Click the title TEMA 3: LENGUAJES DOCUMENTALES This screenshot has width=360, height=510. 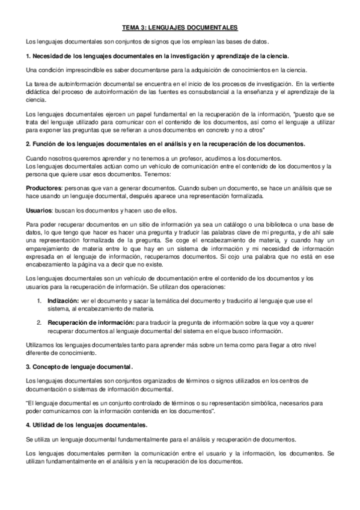tap(180, 28)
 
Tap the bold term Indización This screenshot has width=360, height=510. tap(64, 300)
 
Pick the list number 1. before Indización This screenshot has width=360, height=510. tap(39, 300)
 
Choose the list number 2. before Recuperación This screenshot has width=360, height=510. tap(39, 322)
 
